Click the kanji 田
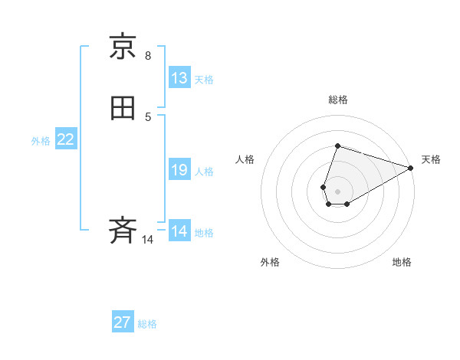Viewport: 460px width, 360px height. (123, 108)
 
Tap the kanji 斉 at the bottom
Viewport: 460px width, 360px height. (123, 230)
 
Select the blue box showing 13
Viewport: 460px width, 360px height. (179, 78)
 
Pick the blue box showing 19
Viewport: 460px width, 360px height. (179, 170)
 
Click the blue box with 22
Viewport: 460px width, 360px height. (65, 139)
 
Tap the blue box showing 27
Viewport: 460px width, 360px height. (123, 322)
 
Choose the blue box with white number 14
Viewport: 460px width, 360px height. (179, 231)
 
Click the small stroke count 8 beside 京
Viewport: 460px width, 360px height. (148, 55)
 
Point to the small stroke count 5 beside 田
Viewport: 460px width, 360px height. (148, 116)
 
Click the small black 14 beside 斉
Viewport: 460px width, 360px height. (148, 240)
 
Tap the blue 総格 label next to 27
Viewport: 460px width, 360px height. (147, 324)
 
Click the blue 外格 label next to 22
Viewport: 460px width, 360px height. (41, 141)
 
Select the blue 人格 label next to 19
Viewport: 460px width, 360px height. (204, 172)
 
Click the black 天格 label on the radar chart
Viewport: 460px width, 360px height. (431, 159)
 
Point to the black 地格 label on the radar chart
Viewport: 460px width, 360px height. (402, 262)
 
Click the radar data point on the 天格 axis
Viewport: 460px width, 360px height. (411, 168)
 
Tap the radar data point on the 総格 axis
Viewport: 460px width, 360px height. (337, 146)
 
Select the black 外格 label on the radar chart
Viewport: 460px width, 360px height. (270, 262)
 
